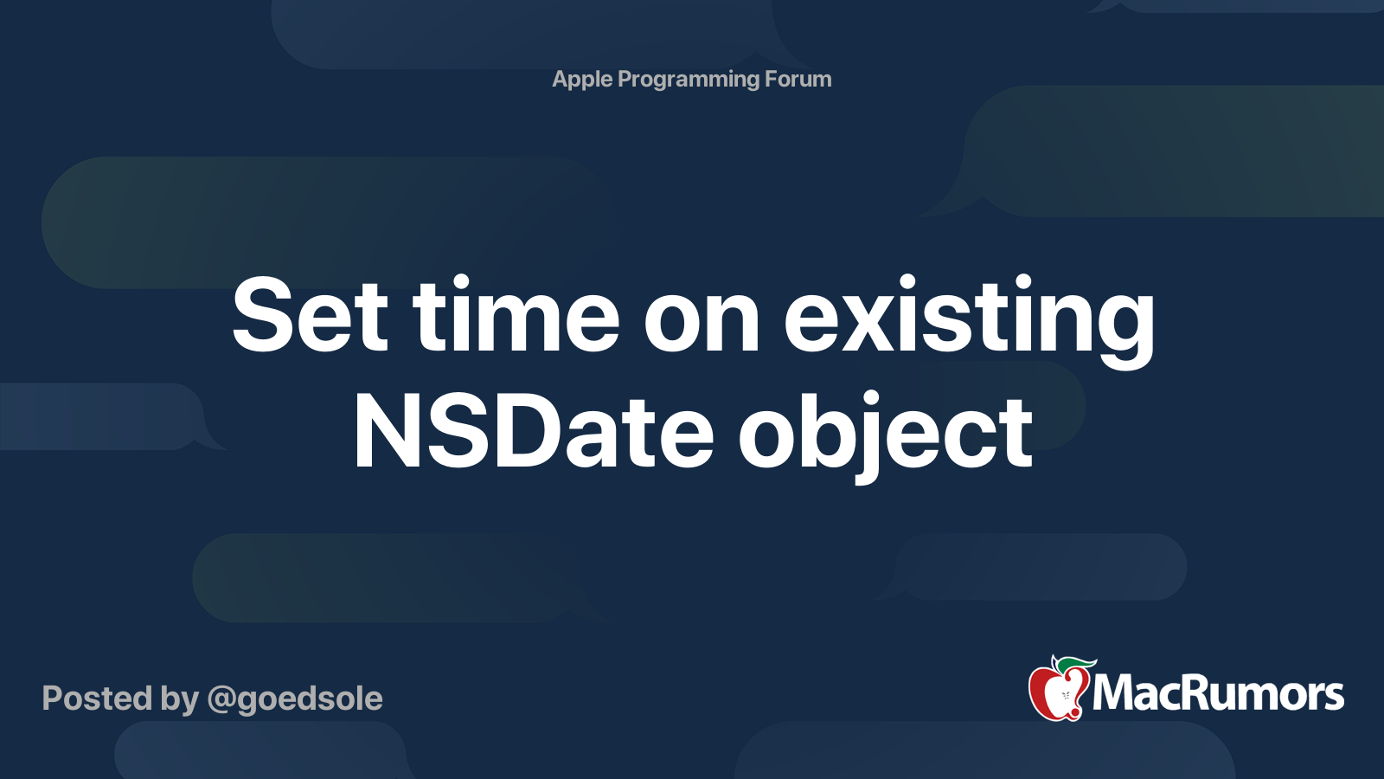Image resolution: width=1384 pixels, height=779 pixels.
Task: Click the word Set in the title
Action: (310, 316)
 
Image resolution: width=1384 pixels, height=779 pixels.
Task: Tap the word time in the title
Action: (516, 316)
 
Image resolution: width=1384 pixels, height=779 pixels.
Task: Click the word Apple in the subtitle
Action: (582, 80)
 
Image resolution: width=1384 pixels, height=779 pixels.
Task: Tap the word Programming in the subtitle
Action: (689, 80)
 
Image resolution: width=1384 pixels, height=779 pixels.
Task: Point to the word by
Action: (179, 699)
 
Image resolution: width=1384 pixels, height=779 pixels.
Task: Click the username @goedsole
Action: (295, 699)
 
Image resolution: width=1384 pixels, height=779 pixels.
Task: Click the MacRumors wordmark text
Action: (1218, 693)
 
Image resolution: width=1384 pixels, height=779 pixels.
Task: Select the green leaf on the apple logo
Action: (1076, 664)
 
